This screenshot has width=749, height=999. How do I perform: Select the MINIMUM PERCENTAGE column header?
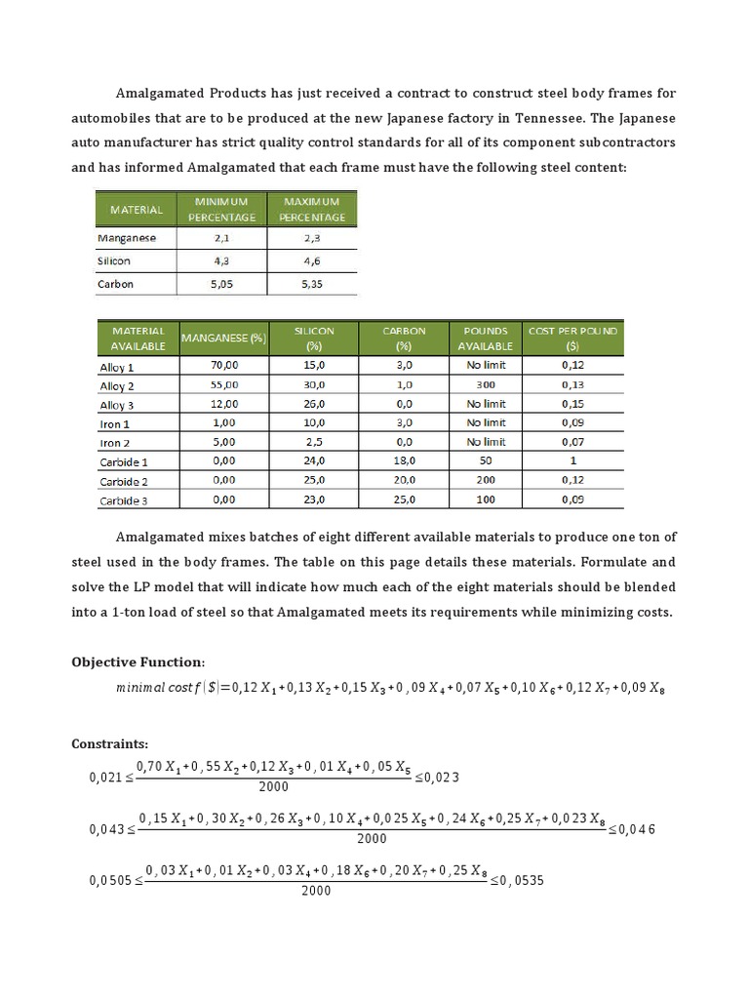point(221,209)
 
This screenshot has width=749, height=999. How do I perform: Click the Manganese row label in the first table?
point(127,237)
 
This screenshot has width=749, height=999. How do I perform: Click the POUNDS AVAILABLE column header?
point(485,339)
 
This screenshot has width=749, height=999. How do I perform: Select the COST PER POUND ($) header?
point(572,339)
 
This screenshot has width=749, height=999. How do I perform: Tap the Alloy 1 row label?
point(117,368)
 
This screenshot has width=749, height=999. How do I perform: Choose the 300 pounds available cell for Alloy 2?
point(486,385)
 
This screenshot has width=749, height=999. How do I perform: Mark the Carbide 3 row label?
point(124,500)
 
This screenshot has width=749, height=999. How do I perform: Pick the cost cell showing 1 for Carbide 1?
point(572,460)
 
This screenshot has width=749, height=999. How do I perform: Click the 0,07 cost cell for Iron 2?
point(572,442)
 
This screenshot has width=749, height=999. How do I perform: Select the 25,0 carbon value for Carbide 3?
point(404,499)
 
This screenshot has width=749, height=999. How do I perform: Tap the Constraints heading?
point(109,743)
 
